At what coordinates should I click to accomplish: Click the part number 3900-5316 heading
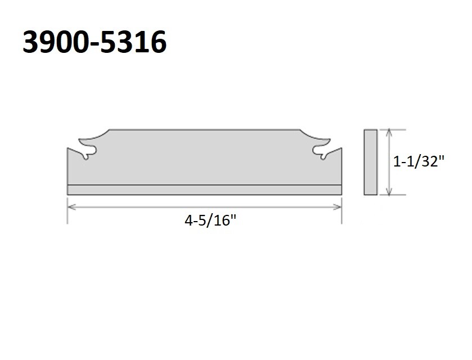point(95,42)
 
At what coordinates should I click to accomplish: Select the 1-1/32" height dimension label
point(419,162)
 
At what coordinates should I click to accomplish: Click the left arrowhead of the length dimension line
point(70,206)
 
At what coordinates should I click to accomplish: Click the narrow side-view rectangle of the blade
point(370,162)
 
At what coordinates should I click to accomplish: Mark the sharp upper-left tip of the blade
point(68,148)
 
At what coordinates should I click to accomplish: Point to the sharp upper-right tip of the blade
point(341,148)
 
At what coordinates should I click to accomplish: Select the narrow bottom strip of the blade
point(204,190)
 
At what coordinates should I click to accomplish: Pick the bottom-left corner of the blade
point(68,195)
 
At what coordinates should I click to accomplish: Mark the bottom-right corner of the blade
point(341,195)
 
